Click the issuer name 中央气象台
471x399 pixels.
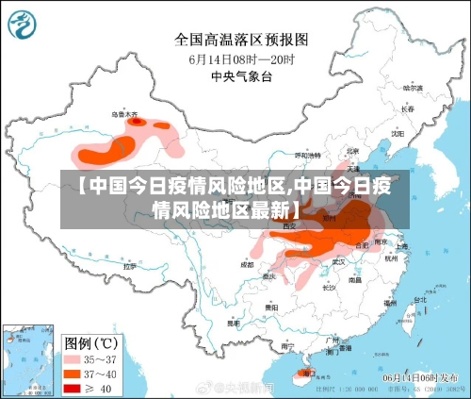pos(241,75)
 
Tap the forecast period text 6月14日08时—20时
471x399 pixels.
pos(241,58)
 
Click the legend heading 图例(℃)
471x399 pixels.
pos(89,342)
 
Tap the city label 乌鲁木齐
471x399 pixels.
pos(124,114)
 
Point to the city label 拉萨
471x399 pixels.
pos(130,267)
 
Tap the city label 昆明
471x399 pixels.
pos(228,324)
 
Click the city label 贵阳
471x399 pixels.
pos(272,307)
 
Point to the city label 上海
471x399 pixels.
pos(401,246)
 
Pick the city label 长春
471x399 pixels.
pos(407,108)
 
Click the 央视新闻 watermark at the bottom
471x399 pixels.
pos(243,387)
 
